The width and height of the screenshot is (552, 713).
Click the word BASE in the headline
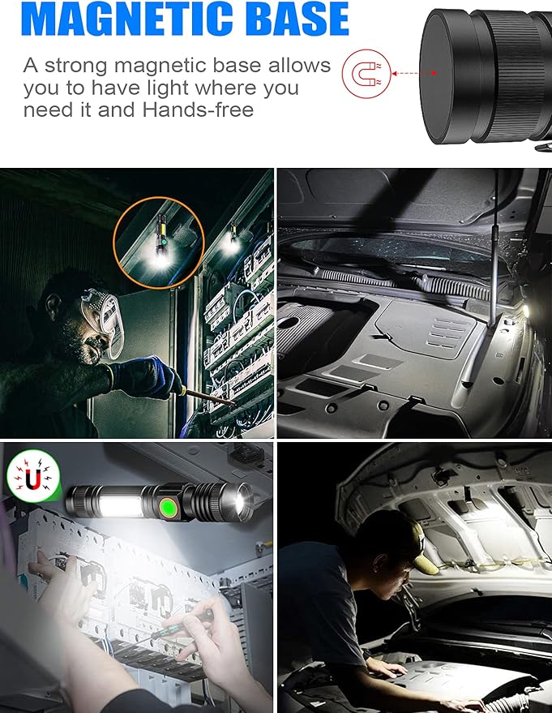[x=296, y=20]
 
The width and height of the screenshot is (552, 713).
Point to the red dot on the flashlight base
[x=434, y=72]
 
